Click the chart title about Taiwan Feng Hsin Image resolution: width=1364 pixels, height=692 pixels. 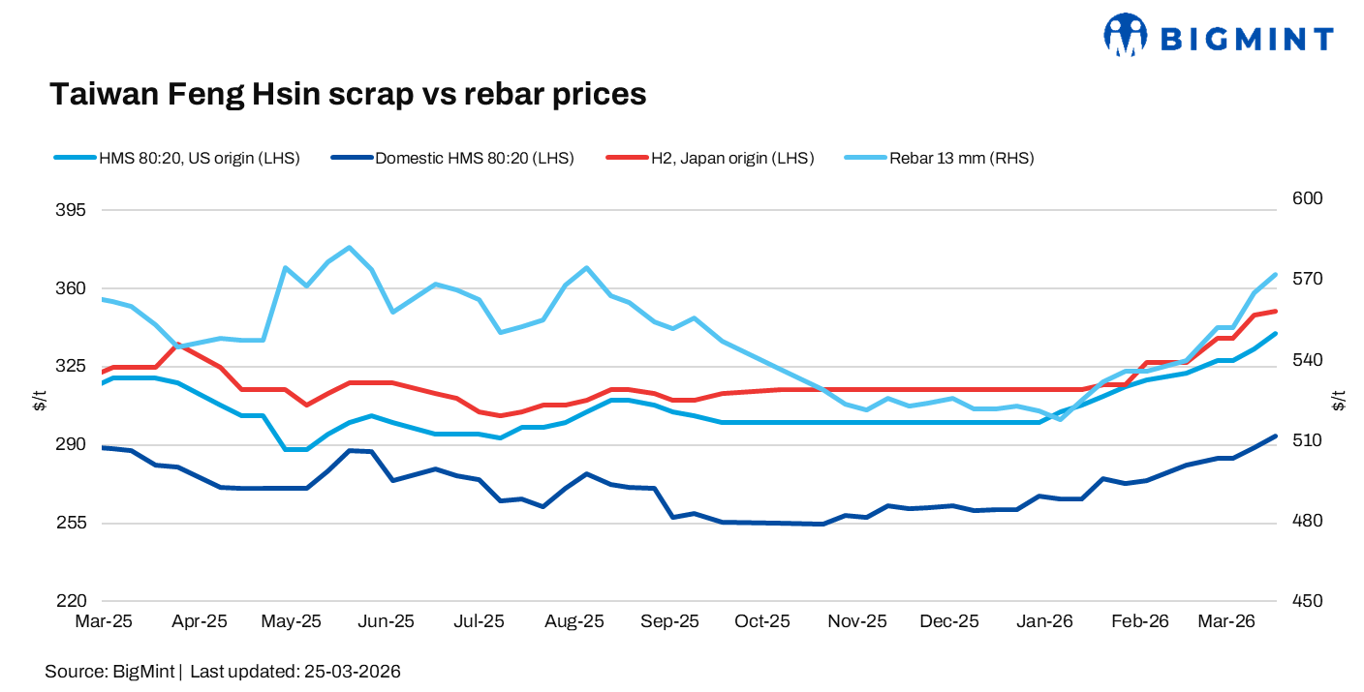348,94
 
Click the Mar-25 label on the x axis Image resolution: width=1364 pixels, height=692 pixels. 104,621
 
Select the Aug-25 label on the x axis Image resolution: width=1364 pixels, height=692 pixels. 575,621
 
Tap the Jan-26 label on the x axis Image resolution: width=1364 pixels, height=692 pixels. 1045,621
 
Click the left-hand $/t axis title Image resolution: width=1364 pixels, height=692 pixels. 39,400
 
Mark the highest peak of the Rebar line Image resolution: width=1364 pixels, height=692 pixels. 349,248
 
